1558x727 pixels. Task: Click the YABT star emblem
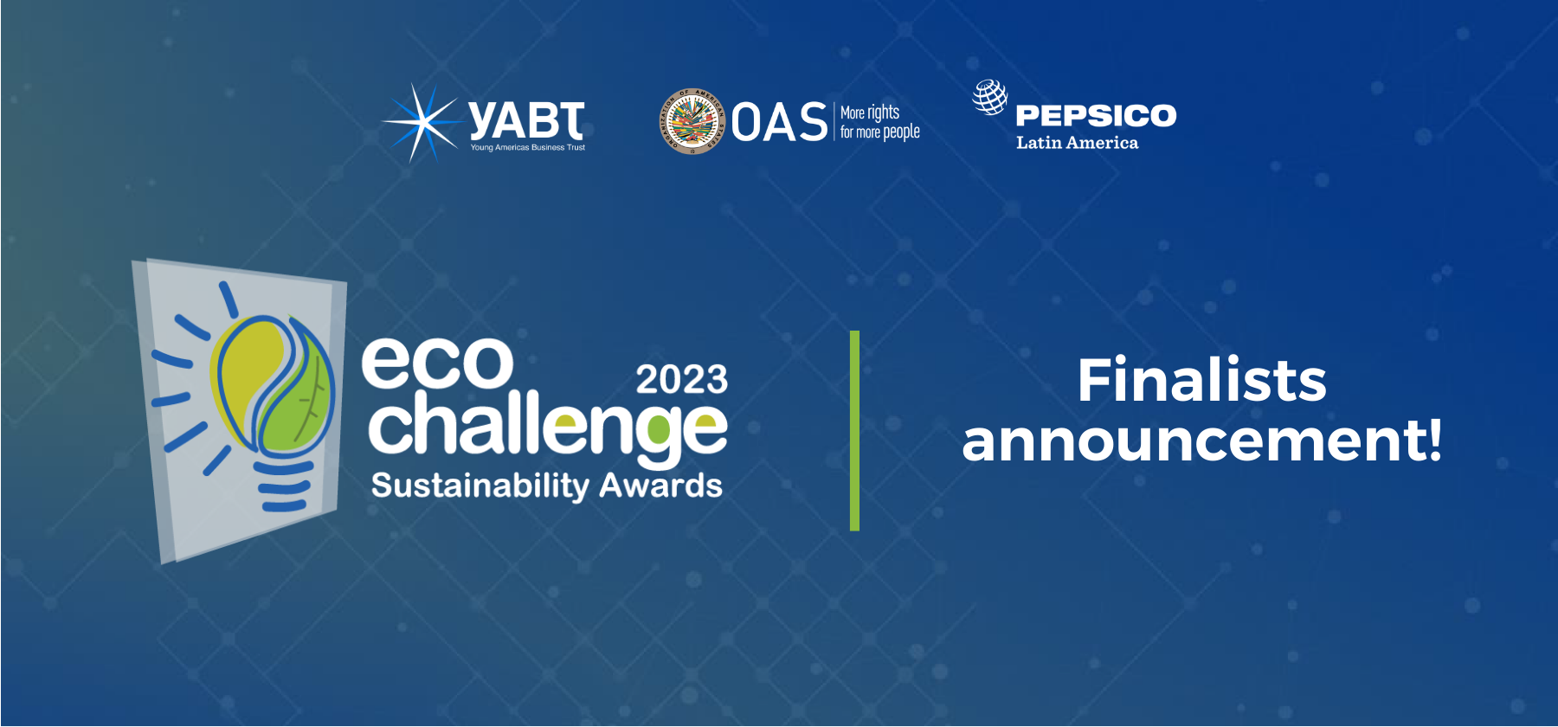click(422, 123)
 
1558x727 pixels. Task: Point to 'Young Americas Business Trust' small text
click(528, 148)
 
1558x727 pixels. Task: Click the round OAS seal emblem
click(692, 121)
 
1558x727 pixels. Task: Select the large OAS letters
click(780, 122)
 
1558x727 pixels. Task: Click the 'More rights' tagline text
click(870, 113)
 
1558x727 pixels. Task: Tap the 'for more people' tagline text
click(880, 132)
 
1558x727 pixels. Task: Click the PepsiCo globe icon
click(990, 97)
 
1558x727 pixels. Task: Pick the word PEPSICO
click(1096, 115)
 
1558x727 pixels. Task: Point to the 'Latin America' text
click(1077, 143)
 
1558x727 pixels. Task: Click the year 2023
click(682, 379)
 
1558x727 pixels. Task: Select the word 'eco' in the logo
click(437, 362)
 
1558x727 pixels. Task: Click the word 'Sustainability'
click(480, 486)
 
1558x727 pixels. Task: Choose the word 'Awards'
click(661, 486)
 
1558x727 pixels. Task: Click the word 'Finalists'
click(1202, 380)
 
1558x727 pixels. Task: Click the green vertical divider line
click(855, 430)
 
